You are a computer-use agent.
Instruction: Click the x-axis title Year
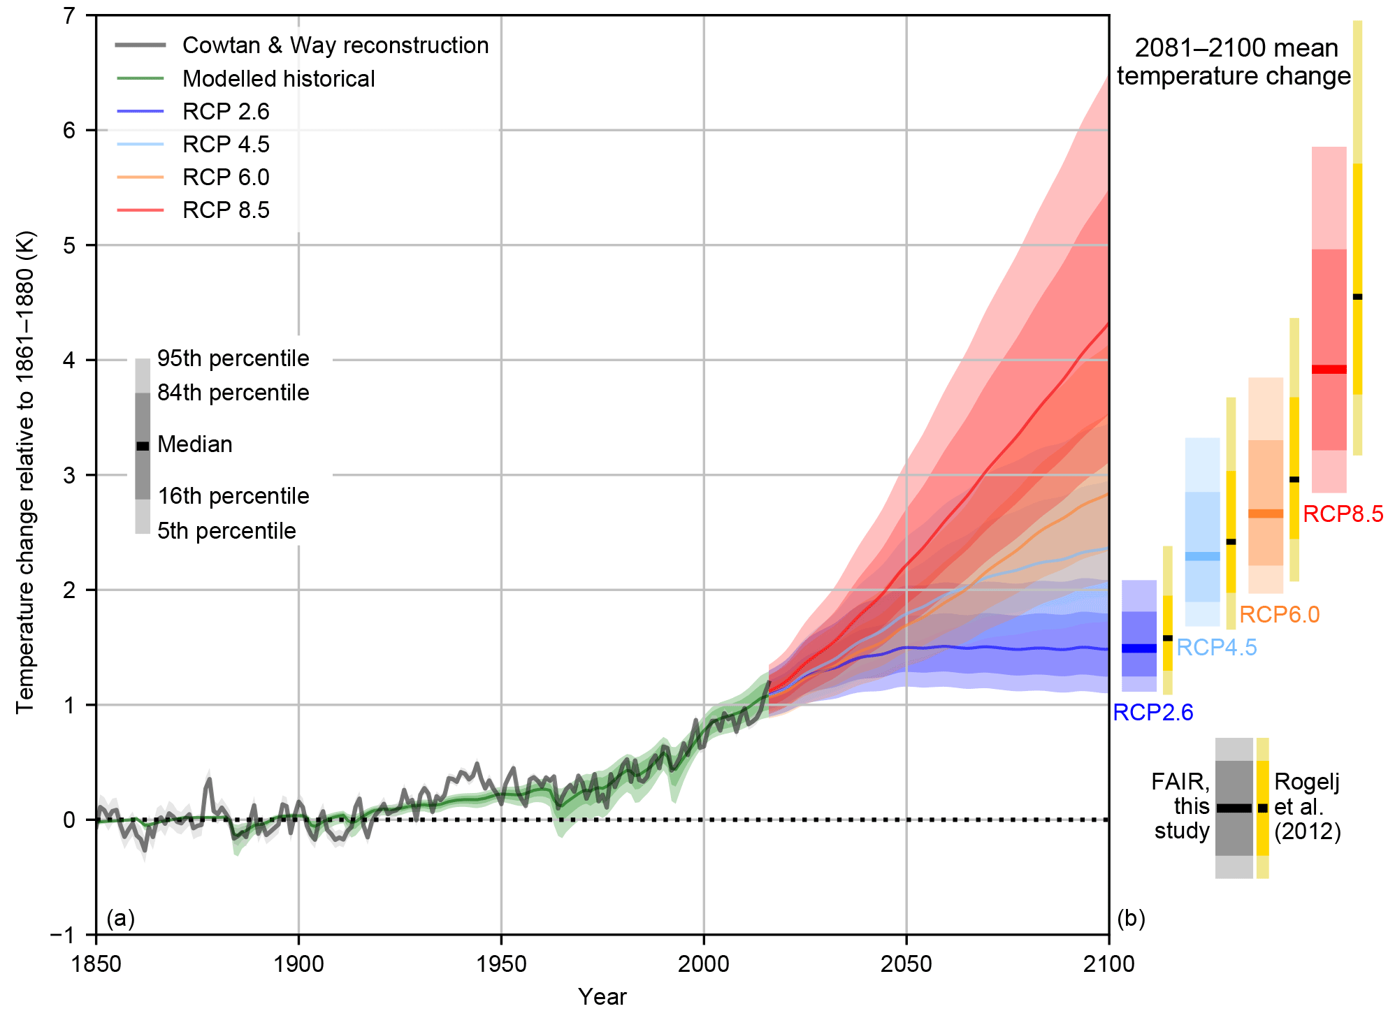coord(602,996)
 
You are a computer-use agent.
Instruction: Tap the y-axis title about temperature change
coord(25,472)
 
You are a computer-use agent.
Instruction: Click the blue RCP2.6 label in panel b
coord(1152,713)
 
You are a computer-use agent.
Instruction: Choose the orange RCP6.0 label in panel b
coord(1279,615)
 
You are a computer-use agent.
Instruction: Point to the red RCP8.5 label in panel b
coord(1343,514)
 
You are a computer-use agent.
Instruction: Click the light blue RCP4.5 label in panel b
coord(1216,648)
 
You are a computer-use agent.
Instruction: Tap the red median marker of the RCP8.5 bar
coord(1329,369)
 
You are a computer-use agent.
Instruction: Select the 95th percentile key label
coord(233,358)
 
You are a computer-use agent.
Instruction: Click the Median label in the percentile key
coord(194,444)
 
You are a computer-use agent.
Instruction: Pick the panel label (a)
coord(120,917)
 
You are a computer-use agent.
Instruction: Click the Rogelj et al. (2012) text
coord(1307,807)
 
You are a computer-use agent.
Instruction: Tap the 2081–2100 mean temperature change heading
coord(1234,61)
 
